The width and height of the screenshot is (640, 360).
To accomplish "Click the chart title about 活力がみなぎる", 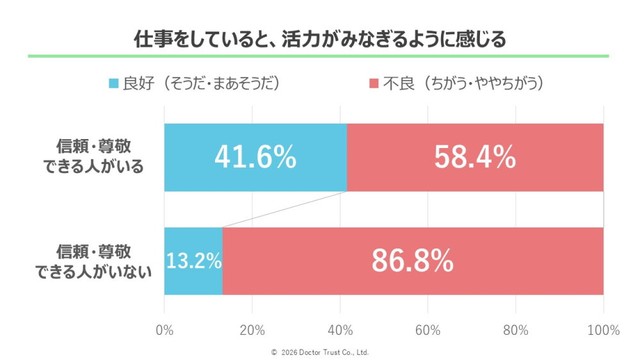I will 320,39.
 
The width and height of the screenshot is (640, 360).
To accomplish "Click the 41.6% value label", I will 255,157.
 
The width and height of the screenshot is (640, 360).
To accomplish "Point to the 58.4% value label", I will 475,157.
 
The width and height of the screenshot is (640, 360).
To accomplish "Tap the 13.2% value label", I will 193,261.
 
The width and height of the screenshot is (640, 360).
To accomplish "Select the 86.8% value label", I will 413,261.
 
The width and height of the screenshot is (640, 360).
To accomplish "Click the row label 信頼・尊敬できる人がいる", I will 100,157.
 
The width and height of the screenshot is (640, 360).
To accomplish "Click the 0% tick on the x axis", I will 165,330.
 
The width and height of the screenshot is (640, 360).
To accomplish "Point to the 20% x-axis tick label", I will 252,330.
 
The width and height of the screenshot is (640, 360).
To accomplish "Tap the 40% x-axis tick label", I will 340,330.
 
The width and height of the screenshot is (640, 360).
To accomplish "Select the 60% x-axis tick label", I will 428,330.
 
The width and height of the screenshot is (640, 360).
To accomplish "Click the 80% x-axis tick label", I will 516,330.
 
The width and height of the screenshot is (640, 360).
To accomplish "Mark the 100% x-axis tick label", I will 603,330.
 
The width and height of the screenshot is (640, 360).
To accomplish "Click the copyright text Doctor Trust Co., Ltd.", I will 320,351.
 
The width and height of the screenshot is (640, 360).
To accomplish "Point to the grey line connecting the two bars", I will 285,209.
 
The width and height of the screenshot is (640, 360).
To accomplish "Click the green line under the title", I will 320,57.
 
